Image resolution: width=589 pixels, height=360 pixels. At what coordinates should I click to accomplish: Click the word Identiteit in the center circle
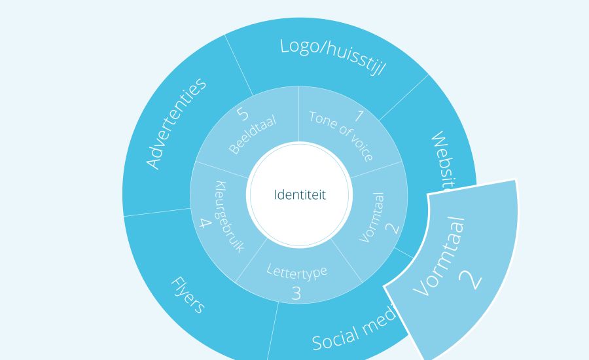[299, 195]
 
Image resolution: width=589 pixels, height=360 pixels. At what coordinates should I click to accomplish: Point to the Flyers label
[188, 295]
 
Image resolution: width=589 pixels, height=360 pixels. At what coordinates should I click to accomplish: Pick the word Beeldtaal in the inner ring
[253, 134]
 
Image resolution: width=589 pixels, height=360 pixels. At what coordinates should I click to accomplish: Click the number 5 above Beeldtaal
[243, 114]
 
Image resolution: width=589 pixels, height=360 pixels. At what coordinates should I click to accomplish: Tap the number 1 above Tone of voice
[358, 117]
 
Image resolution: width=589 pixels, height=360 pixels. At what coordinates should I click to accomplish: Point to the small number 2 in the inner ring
[391, 228]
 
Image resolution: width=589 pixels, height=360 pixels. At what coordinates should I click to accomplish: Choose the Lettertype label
[297, 270]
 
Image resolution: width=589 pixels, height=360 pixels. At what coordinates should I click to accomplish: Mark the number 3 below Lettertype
[296, 293]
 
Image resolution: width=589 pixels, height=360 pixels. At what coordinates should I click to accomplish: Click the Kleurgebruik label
[227, 217]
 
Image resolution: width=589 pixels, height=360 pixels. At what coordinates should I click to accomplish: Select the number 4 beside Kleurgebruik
[205, 223]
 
